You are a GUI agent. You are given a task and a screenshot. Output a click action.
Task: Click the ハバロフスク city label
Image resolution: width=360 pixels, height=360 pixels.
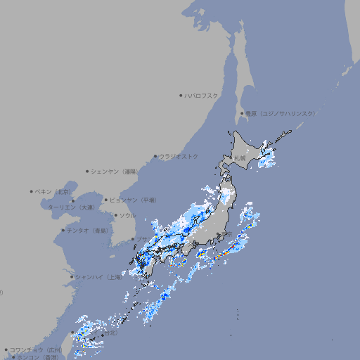tap(202, 96)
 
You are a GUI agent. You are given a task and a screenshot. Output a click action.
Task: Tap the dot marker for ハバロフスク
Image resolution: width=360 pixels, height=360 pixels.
tap(181, 96)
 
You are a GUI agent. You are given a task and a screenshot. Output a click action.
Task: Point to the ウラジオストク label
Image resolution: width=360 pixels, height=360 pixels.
tap(179, 157)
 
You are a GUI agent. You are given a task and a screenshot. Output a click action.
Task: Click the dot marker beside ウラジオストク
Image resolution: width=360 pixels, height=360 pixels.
tap(156, 157)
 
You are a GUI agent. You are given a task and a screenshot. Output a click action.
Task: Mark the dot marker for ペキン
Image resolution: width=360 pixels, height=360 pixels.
tap(32, 191)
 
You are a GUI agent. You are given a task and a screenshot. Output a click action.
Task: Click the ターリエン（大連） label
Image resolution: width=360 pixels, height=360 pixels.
tap(71, 207)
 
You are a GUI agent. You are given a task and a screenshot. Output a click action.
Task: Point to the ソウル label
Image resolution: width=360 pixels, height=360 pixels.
tap(127, 215)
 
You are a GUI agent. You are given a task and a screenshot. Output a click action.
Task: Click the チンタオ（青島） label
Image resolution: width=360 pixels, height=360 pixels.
tap(88, 230)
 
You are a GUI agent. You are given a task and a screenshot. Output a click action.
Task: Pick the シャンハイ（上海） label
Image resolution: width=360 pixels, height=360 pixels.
tap(98, 277)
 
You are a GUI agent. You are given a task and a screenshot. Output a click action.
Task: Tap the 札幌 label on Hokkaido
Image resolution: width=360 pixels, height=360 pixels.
tap(240, 157)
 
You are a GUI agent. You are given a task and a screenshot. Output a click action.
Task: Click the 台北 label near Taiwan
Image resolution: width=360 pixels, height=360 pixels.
tap(109, 335)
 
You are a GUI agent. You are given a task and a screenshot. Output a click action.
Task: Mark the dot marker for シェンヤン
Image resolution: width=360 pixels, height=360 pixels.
tap(88, 171)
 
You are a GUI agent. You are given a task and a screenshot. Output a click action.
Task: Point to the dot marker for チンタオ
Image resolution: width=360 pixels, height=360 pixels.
tap(63, 230)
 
